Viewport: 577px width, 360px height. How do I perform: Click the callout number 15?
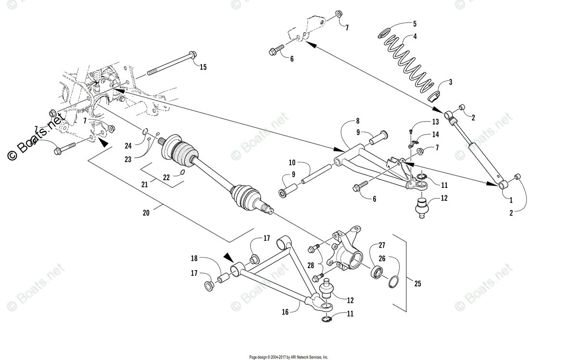pos(203,67)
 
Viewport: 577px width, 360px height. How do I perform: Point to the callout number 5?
pos(414,23)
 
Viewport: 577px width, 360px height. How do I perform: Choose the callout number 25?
pos(417,284)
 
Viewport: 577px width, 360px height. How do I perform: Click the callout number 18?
pos(194,258)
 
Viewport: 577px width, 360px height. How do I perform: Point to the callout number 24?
pos(128,146)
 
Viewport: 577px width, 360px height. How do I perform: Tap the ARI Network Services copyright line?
pos(288,357)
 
